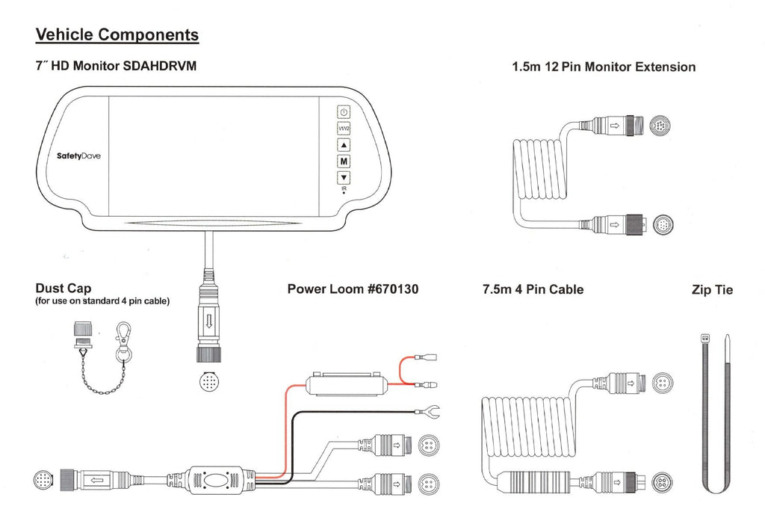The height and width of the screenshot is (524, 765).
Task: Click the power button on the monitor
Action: [344, 112]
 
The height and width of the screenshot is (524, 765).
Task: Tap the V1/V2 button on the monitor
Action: [344, 129]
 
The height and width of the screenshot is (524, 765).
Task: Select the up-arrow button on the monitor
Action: [344, 145]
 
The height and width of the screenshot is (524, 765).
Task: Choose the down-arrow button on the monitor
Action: [344, 178]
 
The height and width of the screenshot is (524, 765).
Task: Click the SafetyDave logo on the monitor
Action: [78, 156]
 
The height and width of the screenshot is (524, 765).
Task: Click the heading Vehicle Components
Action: [117, 34]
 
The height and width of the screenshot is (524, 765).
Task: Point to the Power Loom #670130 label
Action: [353, 289]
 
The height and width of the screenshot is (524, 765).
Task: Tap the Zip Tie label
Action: [712, 290]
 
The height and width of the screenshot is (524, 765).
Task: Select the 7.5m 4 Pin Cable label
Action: [533, 289]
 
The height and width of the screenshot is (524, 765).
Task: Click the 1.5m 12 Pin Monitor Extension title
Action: [603, 67]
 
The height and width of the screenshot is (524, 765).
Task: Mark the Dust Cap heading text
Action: [63, 289]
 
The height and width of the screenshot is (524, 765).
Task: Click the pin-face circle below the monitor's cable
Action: [210, 381]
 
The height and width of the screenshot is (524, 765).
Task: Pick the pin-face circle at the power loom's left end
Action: [43, 479]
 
